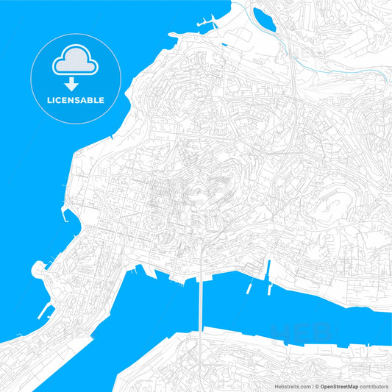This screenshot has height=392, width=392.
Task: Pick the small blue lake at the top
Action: point(264,20)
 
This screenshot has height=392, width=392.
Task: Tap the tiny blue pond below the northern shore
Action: point(223,45)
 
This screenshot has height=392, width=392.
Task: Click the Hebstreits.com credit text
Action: point(293,385)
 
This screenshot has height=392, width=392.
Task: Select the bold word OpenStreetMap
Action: point(339,385)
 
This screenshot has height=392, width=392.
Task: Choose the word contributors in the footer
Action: point(374,385)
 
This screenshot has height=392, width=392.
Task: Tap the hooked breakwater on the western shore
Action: point(65,215)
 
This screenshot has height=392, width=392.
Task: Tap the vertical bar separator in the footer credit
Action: point(312,385)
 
